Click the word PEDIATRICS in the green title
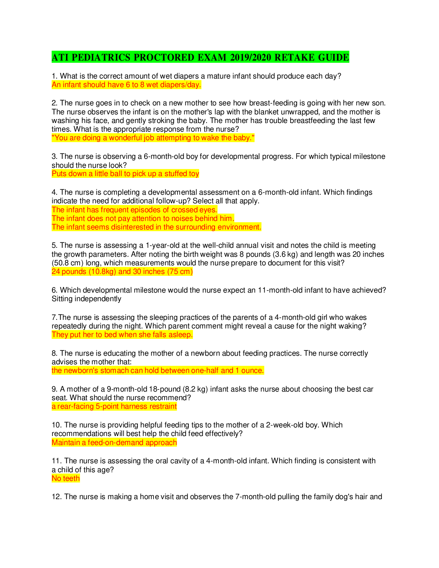[x=101, y=57]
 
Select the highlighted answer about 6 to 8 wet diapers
[x=126, y=85]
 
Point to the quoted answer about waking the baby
[x=153, y=138]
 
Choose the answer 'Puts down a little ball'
[x=125, y=174]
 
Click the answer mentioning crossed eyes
[x=134, y=210]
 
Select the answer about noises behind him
[x=143, y=218]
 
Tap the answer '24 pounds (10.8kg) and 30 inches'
[x=122, y=271]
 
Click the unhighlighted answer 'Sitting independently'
[x=86, y=299]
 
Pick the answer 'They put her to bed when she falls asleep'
[x=122, y=335]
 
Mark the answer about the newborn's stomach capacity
[x=158, y=370]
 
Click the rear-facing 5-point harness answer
[x=114, y=406]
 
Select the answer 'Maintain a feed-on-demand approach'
[x=114, y=442]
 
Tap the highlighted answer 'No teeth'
[x=66, y=478]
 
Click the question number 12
[x=56, y=497]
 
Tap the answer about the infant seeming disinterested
[x=156, y=227]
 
